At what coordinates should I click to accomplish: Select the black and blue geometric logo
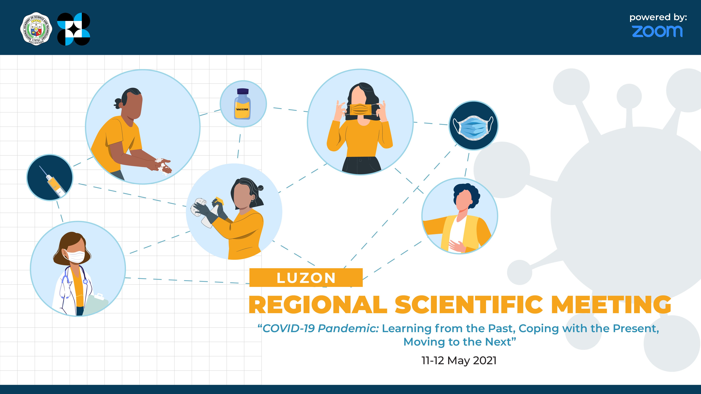[x=73, y=29]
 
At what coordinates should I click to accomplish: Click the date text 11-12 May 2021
[x=459, y=361]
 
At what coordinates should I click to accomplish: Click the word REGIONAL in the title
[x=318, y=305]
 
